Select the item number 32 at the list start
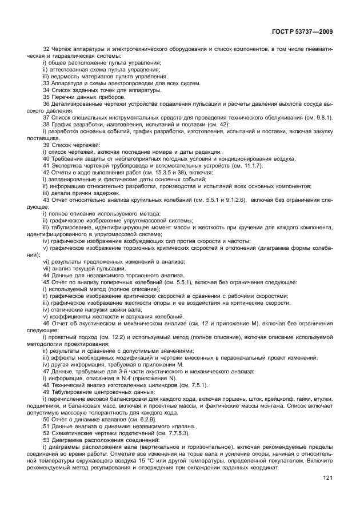(x=46, y=50)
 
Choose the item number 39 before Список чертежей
(x=46, y=145)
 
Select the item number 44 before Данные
(x=46, y=275)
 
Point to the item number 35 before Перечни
(x=46, y=97)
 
